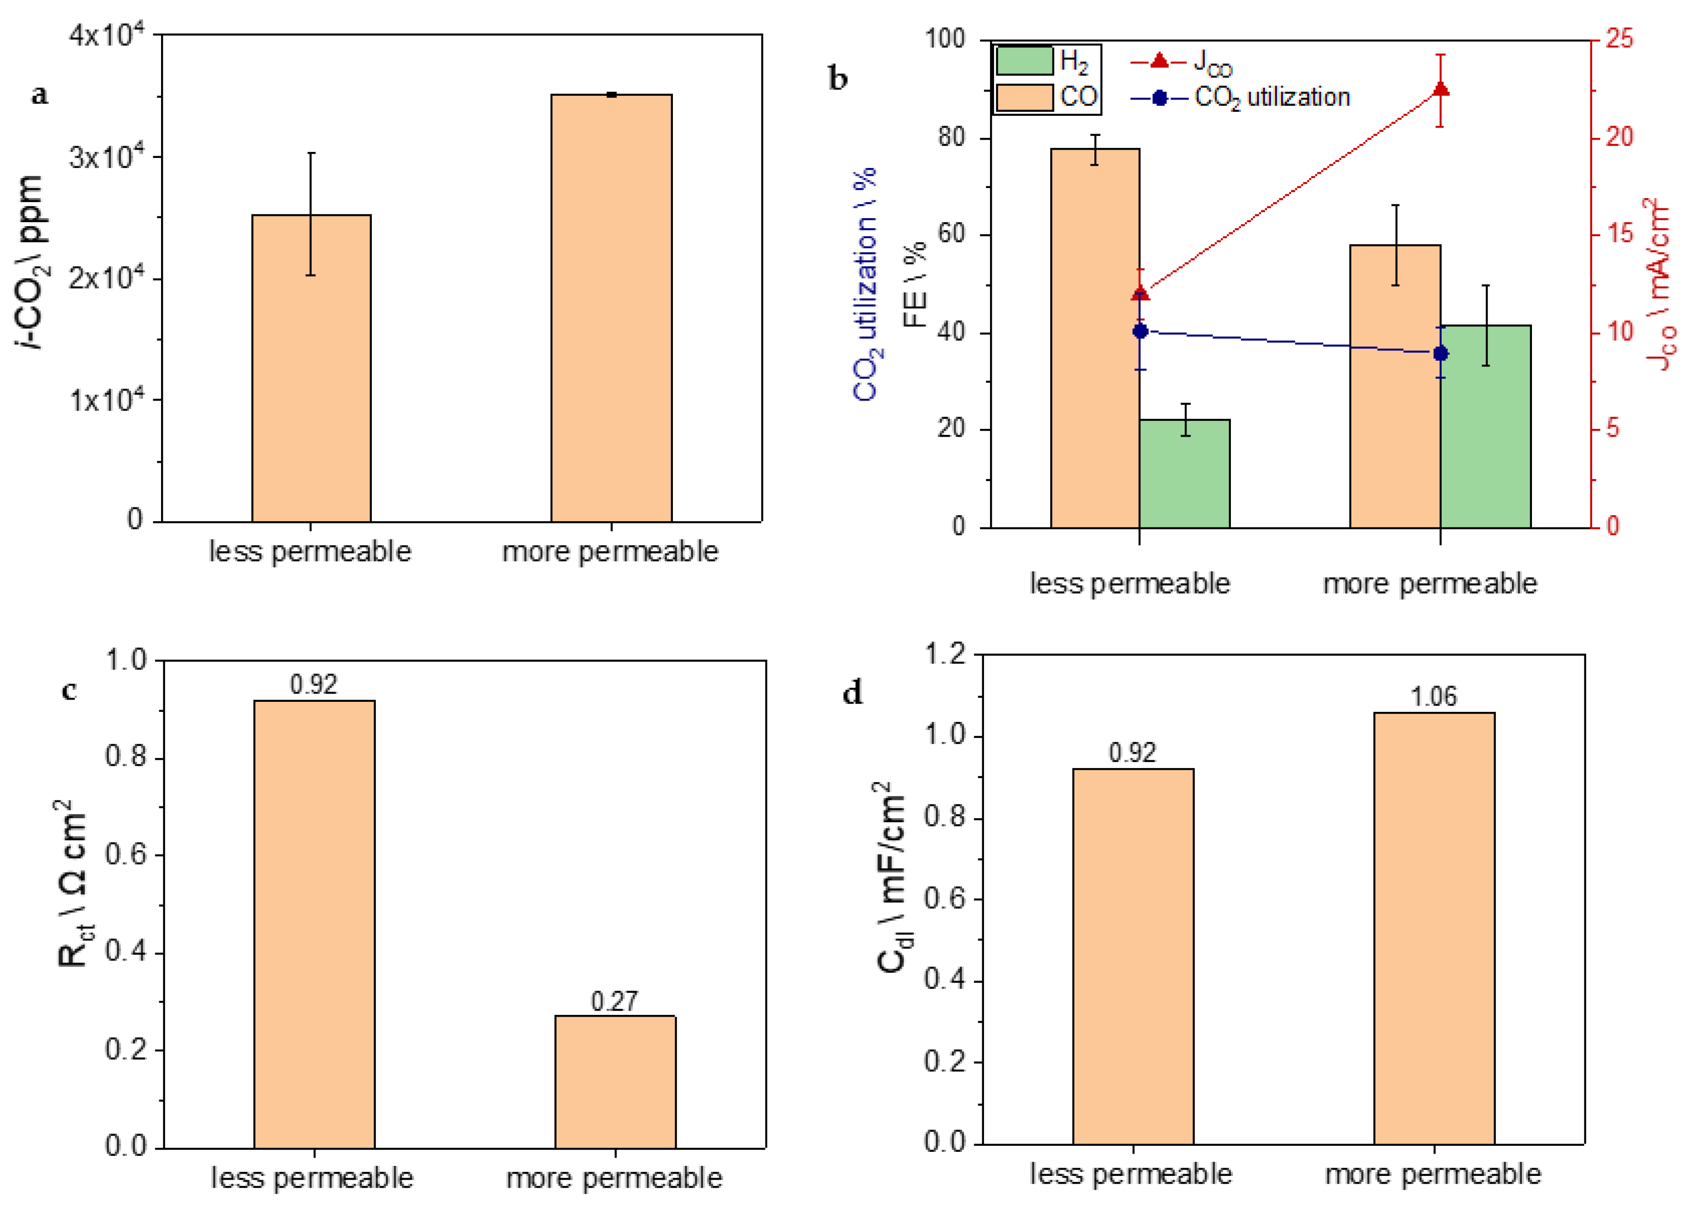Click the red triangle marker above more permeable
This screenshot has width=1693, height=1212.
pos(1440,89)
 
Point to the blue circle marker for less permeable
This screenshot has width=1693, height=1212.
pos(1139,331)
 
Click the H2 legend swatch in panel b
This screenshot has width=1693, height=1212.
pos(1024,60)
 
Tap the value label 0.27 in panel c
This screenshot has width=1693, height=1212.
pos(614,1001)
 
